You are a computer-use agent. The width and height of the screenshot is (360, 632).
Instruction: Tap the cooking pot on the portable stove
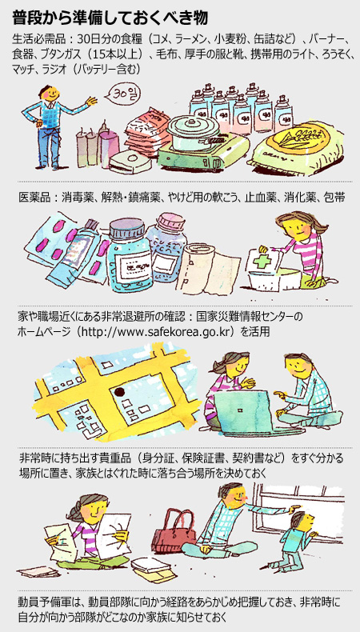[194, 129]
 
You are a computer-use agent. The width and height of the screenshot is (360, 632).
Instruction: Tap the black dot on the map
[119, 391]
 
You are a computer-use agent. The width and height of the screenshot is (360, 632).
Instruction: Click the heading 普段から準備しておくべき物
[110, 19]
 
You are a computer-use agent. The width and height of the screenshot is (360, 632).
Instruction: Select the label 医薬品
[34, 198]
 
